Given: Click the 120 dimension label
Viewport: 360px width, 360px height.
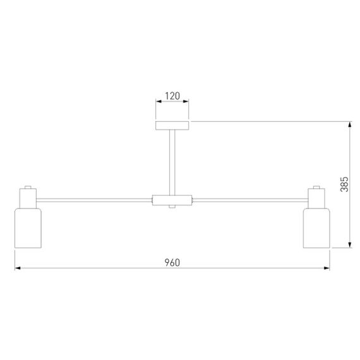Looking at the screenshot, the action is (x=172, y=96).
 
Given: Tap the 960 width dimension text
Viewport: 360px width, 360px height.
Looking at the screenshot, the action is (x=172, y=263).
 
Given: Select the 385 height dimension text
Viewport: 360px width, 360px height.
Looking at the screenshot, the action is (x=344, y=184).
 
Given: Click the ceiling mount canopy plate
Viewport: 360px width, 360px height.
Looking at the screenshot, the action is (x=172, y=126).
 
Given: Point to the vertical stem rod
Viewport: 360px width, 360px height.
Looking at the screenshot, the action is (x=172, y=162).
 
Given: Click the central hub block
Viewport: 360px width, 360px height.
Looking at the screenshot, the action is (x=172, y=200).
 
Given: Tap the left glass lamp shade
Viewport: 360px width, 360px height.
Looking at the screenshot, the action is (x=28, y=228).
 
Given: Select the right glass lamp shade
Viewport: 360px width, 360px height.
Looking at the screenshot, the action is (x=316, y=228).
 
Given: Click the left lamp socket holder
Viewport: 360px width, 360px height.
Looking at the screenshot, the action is (x=28, y=198).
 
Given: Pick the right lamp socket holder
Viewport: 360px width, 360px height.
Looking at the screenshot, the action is (x=316, y=198).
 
